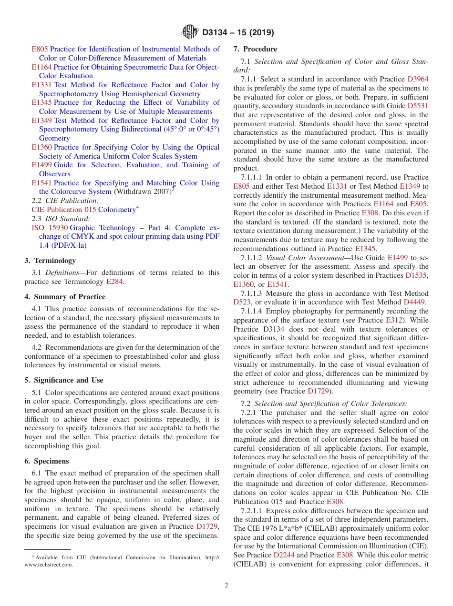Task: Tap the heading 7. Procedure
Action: [x=255, y=49]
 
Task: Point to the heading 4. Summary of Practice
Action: [x=65, y=297]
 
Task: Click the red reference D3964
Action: [x=418, y=79]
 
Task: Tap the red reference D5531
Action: [x=418, y=106]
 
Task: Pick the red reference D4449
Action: [x=414, y=302]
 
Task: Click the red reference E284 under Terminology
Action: [x=115, y=282]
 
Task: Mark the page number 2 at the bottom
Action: [x=226, y=586]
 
